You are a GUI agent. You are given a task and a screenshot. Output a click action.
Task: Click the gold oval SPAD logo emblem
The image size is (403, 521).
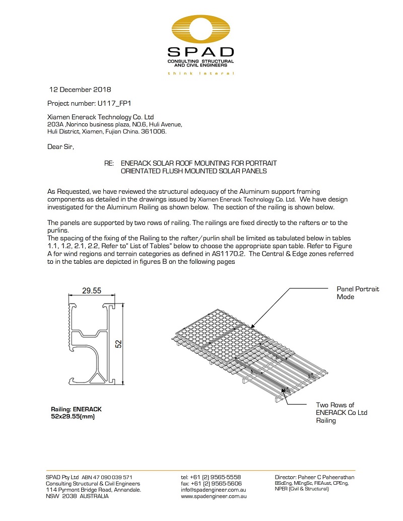[201, 30]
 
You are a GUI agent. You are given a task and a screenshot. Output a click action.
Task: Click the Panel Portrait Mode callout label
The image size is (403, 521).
[358, 293]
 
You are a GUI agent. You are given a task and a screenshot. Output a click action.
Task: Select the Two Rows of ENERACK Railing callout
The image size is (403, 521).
[342, 412]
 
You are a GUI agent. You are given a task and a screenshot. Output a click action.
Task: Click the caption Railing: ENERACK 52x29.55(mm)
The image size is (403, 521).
[73, 413]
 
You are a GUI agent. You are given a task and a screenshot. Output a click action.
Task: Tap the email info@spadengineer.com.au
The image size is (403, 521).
[214, 489]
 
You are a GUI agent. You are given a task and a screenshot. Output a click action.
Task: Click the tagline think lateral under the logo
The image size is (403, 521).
[201, 73]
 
